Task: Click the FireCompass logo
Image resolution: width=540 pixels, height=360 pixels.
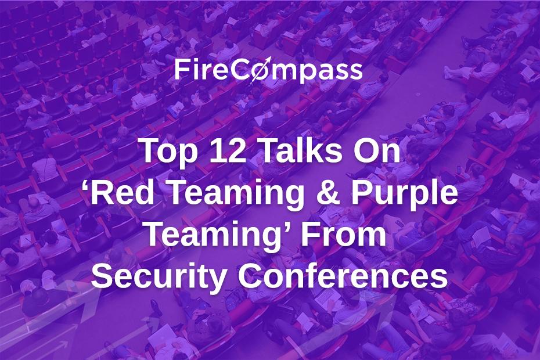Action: pyautogui.click(x=269, y=70)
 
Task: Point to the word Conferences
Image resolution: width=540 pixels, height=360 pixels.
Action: pyautogui.click(x=343, y=275)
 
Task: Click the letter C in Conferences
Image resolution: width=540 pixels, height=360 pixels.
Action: pyautogui.click(x=250, y=276)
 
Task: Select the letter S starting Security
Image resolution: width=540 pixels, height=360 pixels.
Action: pyautogui.click(x=102, y=276)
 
